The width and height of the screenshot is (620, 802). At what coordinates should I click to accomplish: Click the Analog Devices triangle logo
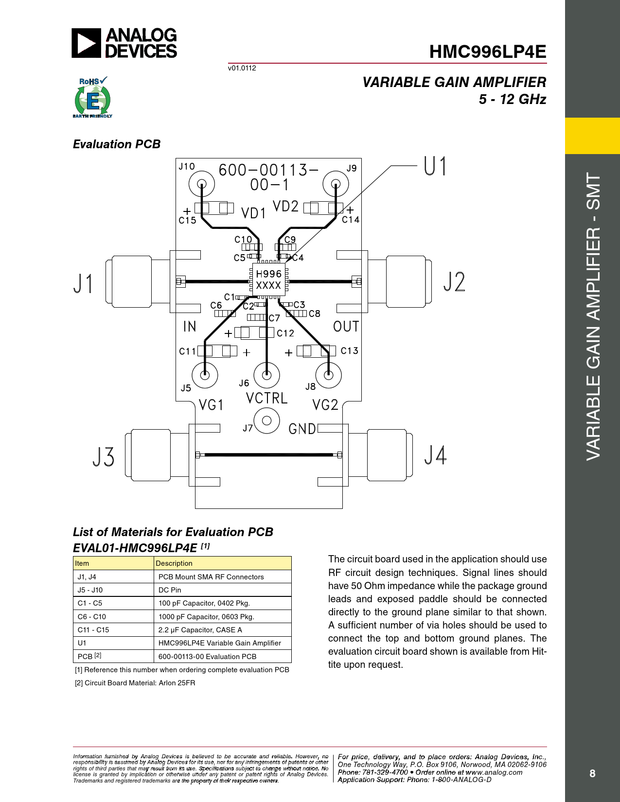[86, 43]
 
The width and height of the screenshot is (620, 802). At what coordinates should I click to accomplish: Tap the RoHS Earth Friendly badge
[92, 97]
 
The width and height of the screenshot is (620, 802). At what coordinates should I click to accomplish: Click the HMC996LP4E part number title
[487, 52]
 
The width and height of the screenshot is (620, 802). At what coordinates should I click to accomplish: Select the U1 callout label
[435, 166]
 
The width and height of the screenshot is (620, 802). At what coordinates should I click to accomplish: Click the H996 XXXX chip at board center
[269, 279]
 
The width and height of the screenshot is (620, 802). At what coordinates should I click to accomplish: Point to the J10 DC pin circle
[202, 184]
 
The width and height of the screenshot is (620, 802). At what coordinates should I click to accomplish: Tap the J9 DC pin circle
[336, 183]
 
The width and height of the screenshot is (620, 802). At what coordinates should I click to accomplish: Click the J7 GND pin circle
[266, 421]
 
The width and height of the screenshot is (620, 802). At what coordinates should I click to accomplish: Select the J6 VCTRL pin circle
[266, 375]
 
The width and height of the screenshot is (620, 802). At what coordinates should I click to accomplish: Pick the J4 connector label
[435, 454]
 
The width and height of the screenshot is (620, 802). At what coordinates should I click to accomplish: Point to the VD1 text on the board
[253, 213]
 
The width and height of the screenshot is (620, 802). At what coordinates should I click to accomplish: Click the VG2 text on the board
[325, 405]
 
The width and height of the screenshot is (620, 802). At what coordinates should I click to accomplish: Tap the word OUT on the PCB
[346, 326]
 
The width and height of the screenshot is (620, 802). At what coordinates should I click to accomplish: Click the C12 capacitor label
[285, 333]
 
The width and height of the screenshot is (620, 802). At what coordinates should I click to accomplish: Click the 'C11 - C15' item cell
[113, 629]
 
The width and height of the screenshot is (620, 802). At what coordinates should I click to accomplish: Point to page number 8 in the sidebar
[592, 773]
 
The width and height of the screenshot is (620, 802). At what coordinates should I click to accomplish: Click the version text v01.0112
[242, 68]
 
